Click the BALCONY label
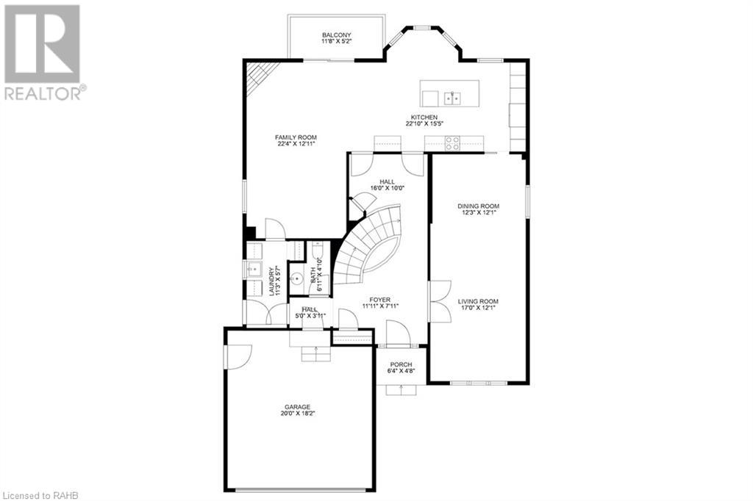[336, 35]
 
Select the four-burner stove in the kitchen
[452, 144]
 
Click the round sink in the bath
[298, 278]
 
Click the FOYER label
[379, 300]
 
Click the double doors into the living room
[439, 301]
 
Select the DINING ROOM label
[478, 206]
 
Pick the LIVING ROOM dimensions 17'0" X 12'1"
[478, 309]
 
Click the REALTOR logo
[43, 51]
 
